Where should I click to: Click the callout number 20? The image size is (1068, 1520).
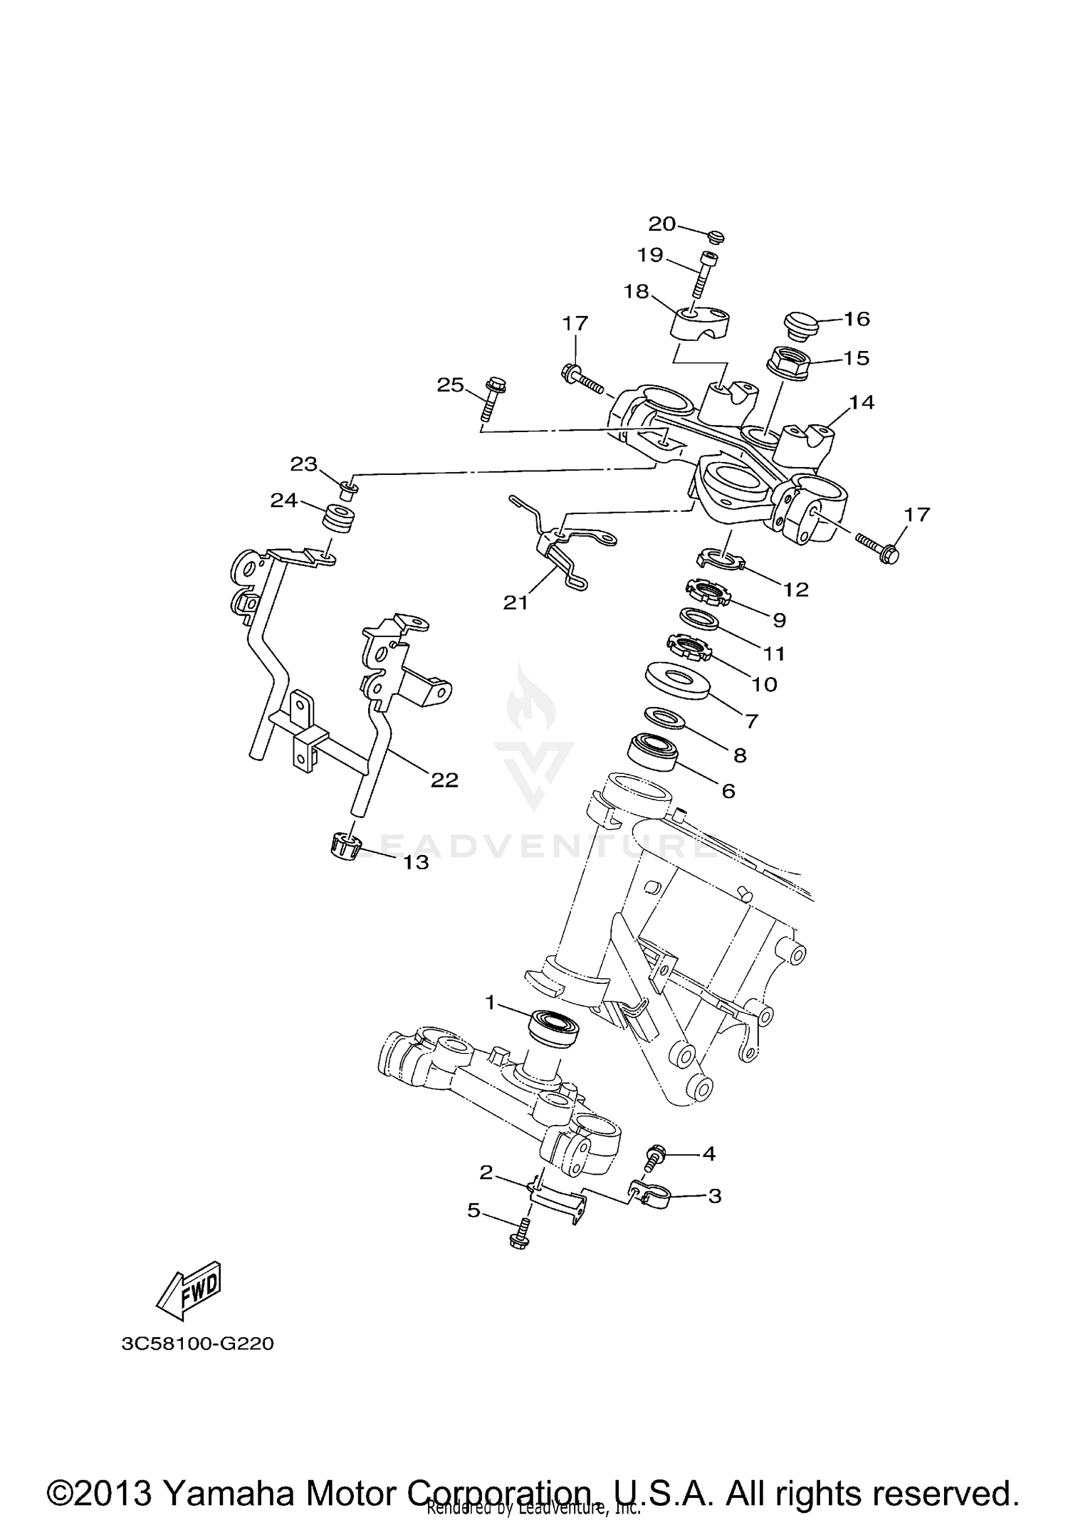661,224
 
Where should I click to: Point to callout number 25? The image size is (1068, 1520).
450,385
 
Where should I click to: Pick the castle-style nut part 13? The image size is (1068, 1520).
347,847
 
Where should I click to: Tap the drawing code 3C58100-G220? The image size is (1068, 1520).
197,1344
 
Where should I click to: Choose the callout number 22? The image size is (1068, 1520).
444,780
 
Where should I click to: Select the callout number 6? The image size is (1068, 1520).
728,790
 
